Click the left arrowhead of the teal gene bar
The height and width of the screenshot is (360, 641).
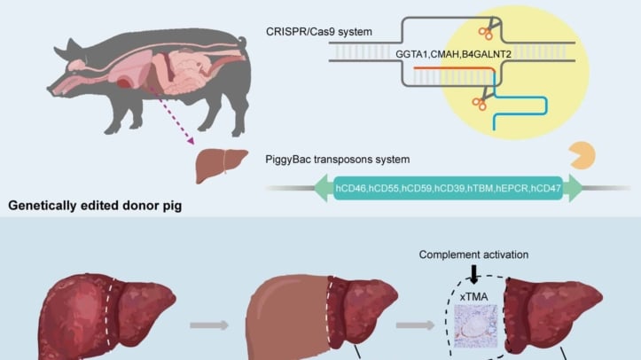pos(319,188)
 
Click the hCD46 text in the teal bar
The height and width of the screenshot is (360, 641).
pos(356,188)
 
